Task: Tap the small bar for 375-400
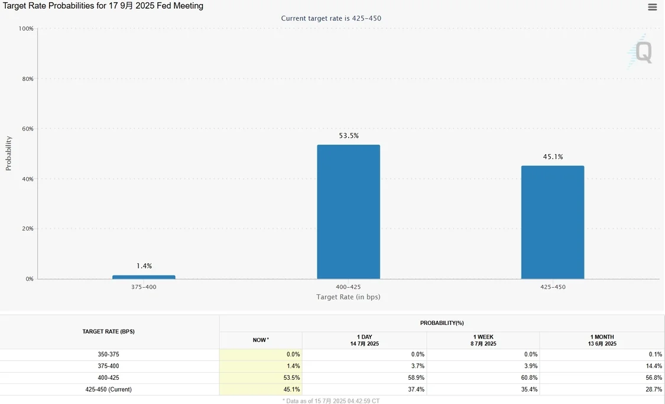click(144, 277)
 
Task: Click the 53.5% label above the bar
click(349, 136)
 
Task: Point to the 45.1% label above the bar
click(553, 157)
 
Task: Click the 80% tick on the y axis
click(26, 79)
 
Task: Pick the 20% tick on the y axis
click(26, 229)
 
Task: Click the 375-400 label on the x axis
click(144, 286)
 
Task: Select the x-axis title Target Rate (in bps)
click(348, 297)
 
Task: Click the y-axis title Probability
click(9, 154)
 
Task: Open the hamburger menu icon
click(653, 8)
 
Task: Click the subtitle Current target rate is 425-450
click(331, 18)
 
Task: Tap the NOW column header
click(260, 340)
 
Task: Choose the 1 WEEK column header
click(483, 340)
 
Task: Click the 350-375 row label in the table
click(108, 354)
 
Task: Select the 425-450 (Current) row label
click(108, 390)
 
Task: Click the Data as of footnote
click(331, 400)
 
